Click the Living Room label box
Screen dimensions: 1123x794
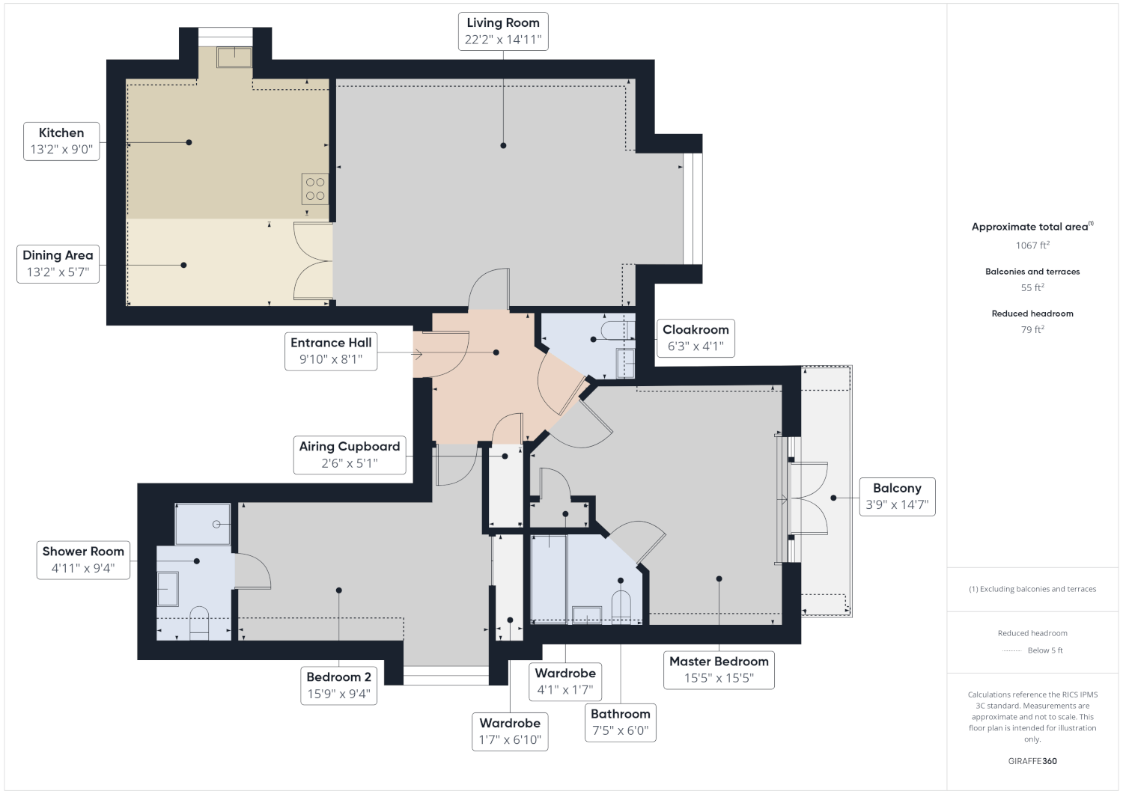pyautogui.click(x=503, y=31)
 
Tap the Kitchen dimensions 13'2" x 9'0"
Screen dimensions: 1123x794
pyautogui.click(x=61, y=150)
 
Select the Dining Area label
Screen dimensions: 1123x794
pyautogui.click(x=58, y=264)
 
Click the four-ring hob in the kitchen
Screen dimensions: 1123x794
pyautogui.click(x=315, y=189)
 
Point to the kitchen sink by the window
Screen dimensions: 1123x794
pyautogui.click(x=234, y=57)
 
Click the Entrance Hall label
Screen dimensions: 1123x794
pyautogui.click(x=331, y=352)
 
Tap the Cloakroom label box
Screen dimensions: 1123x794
pyautogui.click(x=696, y=338)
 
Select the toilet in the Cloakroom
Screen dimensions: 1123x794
pyautogui.click(x=618, y=330)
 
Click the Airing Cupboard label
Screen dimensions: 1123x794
pyautogui.click(x=350, y=455)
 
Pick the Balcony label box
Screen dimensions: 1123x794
pyautogui.click(x=897, y=497)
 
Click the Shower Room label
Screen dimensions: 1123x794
pyautogui.click(x=83, y=560)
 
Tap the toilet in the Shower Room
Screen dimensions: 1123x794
pyautogui.click(x=199, y=623)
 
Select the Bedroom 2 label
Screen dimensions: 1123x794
pyautogui.click(x=338, y=685)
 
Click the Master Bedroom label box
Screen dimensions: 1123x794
pyautogui.click(x=719, y=670)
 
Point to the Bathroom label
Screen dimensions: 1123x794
pyautogui.click(x=620, y=722)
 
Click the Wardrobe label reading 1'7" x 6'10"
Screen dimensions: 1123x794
pyautogui.click(x=510, y=731)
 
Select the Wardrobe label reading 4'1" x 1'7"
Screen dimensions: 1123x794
pyautogui.click(x=565, y=681)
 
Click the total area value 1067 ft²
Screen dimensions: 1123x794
pyautogui.click(x=1032, y=245)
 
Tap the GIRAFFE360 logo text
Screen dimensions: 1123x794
pyautogui.click(x=1032, y=761)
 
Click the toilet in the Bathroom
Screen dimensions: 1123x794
pyautogui.click(x=621, y=606)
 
